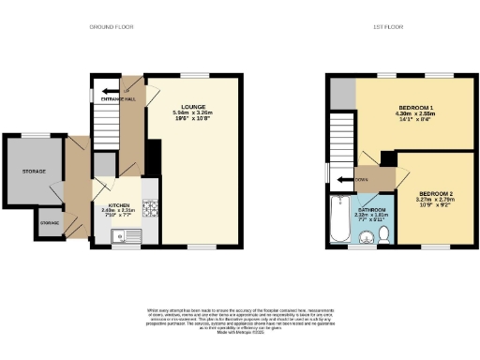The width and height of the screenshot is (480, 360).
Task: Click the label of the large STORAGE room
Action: [35, 171]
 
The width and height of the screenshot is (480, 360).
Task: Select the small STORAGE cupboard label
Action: [49, 223]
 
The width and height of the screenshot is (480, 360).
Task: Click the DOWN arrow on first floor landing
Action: [361, 174]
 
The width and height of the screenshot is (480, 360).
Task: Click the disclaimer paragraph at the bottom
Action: [240, 319]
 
